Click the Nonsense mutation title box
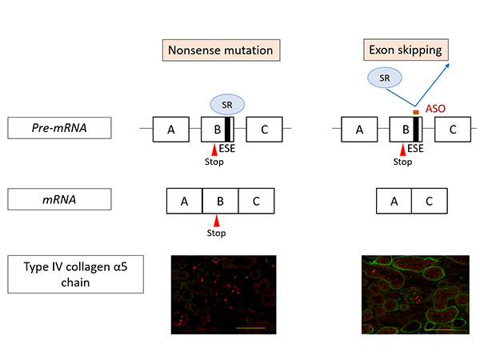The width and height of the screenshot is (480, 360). pyautogui.click(x=221, y=50)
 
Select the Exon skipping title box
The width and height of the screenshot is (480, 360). pyautogui.click(x=406, y=50)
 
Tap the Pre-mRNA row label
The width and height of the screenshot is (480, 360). pyautogui.click(x=59, y=128)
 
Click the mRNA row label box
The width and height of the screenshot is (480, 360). pyautogui.click(x=59, y=199)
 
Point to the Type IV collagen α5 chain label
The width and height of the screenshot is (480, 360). pyautogui.click(x=76, y=274)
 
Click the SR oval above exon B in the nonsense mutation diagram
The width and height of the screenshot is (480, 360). pyautogui.click(x=227, y=105)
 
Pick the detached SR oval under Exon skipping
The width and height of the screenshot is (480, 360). pyautogui.click(x=385, y=78)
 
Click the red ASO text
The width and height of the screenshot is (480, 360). pyautogui.click(x=435, y=109)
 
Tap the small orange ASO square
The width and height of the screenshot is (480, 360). pyautogui.click(x=416, y=112)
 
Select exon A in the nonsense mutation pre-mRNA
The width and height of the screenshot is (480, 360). pyautogui.click(x=171, y=130)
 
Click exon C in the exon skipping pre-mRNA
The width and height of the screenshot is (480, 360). pyautogui.click(x=453, y=130)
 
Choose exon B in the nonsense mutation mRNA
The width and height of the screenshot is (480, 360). pyautogui.click(x=221, y=201)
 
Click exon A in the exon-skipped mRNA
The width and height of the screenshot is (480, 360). pyautogui.click(x=394, y=201)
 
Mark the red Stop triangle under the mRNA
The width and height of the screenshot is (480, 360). pyautogui.click(x=217, y=221)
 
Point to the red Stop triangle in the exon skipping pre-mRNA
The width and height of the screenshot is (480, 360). pyautogui.click(x=403, y=150)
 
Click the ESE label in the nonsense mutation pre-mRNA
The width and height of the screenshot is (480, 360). pyautogui.click(x=227, y=149)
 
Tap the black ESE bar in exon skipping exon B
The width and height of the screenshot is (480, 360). pyautogui.click(x=416, y=130)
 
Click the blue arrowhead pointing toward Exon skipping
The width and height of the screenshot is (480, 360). pyautogui.click(x=447, y=66)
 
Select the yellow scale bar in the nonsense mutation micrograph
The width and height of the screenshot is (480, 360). pyautogui.click(x=250, y=328)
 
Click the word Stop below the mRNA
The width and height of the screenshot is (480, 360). pyautogui.click(x=217, y=233)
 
